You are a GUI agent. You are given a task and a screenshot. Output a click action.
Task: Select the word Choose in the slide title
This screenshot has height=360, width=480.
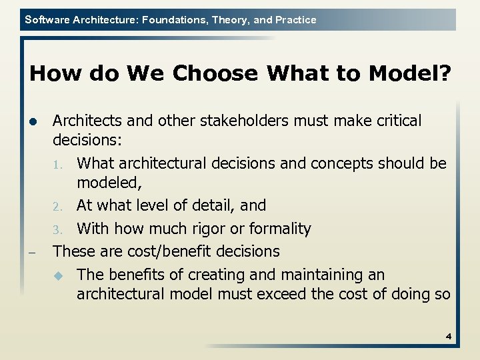click(213, 73)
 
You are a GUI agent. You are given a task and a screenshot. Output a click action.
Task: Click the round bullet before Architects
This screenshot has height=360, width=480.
click(33, 122)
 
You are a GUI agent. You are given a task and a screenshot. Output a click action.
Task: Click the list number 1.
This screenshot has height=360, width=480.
click(57, 164)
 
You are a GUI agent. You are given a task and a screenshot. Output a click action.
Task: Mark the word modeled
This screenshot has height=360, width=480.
click(105, 183)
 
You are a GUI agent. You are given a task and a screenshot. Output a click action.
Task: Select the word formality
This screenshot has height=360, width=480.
click(280, 229)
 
